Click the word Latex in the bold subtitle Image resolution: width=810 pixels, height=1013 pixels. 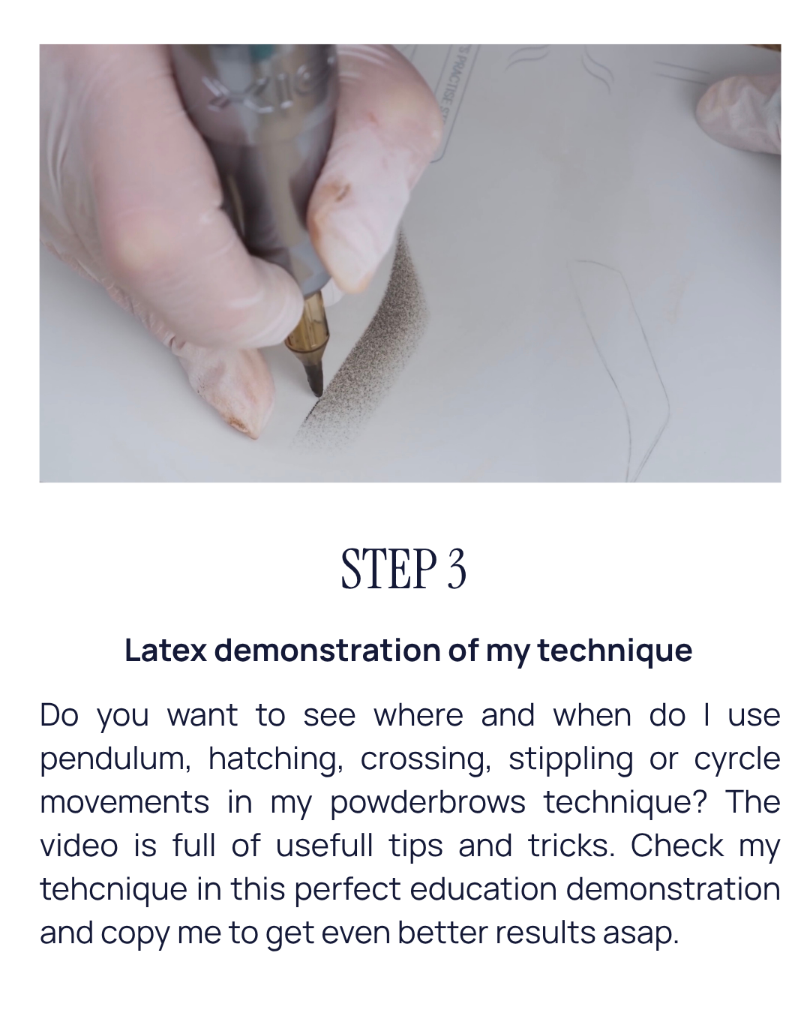coord(165,650)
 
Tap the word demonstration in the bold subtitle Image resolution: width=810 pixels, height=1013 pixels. coord(327,650)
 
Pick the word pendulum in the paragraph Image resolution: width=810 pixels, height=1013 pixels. coord(115,759)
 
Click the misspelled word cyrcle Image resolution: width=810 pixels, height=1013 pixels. coord(737,759)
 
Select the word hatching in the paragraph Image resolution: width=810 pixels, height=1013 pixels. coord(276,759)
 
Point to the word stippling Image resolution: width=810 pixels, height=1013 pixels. coord(571,759)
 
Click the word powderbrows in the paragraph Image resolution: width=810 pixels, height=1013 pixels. coord(427,803)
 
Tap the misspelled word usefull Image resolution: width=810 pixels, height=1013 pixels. coord(324,846)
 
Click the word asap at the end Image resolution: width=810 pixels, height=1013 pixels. coord(640,933)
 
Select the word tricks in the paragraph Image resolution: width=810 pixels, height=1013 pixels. coord(571,846)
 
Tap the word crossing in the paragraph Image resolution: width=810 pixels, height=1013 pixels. coord(426,759)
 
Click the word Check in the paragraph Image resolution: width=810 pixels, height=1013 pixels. coord(676,846)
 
